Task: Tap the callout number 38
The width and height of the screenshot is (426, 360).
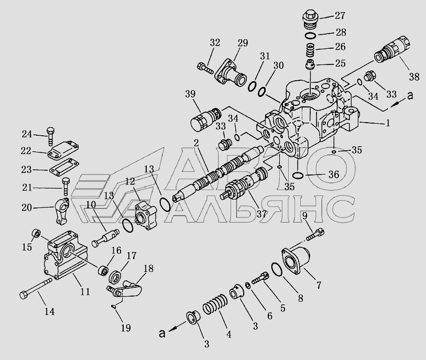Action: pyautogui.click(x=413, y=77)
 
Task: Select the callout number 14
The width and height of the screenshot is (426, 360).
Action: pyautogui.click(x=49, y=312)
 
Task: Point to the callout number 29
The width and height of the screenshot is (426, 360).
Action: pyautogui.click(x=243, y=42)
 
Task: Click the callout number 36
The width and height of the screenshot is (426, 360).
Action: pyautogui.click(x=333, y=174)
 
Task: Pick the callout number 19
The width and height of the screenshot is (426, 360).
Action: pyautogui.click(x=126, y=328)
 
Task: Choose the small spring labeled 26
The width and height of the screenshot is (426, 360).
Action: pyautogui.click(x=311, y=51)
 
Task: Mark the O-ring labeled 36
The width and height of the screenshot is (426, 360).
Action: pyautogui.click(x=297, y=175)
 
